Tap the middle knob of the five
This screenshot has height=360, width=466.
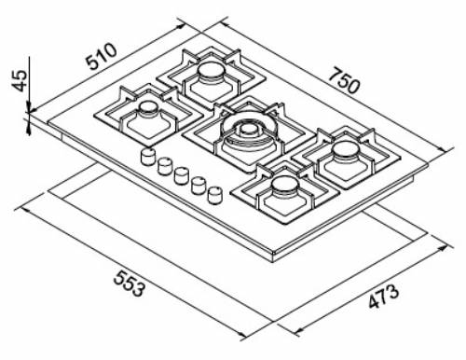(182, 175)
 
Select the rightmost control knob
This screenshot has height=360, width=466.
(216, 195)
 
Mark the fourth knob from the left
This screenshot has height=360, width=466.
(199, 185)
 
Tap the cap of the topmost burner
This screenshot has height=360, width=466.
(211, 73)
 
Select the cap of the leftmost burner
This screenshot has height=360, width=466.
(147, 108)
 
